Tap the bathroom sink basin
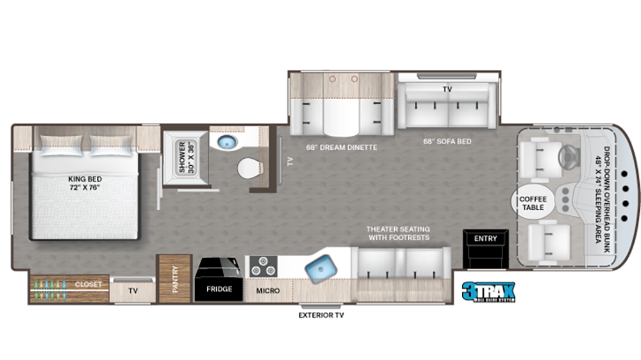coord(226,142)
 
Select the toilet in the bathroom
coord(248,169)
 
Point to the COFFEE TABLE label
coord(533,203)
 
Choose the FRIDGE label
coord(218,290)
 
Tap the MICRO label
coord(268,290)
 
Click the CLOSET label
coord(88,284)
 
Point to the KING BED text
coord(86,183)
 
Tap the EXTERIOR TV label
coord(319,315)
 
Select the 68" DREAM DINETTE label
coord(331,147)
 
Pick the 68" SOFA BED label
coord(447,141)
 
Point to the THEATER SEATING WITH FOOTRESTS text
coord(398,233)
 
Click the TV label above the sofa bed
coord(447,90)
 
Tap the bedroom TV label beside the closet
coord(133,290)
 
